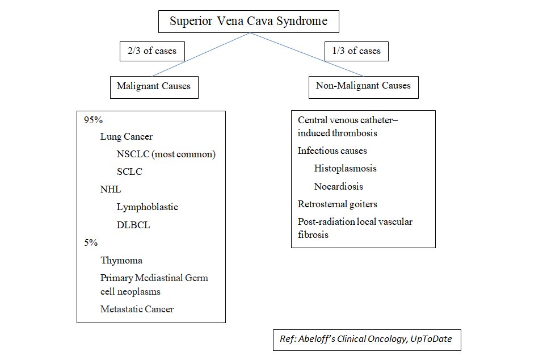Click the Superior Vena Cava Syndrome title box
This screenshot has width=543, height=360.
[249, 22]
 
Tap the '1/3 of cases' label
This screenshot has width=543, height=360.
[356, 51]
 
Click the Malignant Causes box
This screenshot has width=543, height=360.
[154, 87]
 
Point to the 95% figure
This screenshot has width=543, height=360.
[91, 120]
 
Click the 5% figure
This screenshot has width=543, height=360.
[91, 242]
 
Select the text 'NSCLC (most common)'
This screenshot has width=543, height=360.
[167, 154]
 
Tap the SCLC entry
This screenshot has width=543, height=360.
[129, 171]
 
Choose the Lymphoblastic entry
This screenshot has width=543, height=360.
[147, 207]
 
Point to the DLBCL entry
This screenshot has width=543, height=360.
[133, 225]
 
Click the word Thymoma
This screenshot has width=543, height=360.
[121, 261]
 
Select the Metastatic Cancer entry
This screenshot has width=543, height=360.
[137, 309]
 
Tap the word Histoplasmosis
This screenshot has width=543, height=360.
[345, 169]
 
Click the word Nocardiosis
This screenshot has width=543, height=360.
[338, 186]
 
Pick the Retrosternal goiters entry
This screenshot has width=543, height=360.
[338, 204]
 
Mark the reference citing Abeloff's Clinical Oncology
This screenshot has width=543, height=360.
[367, 340]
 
